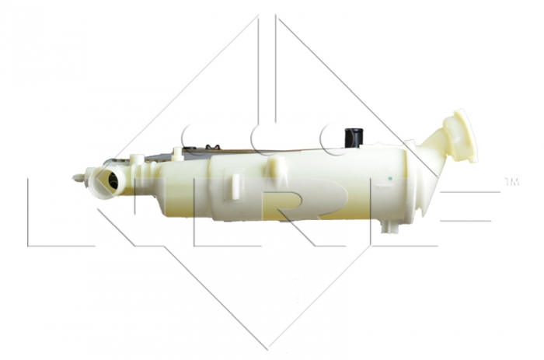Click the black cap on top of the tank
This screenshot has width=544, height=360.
click(x=354, y=137)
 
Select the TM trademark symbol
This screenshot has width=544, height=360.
click(x=511, y=183)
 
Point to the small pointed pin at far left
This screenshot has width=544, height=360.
click(x=78, y=177)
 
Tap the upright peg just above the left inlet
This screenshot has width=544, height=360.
click(x=137, y=161)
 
